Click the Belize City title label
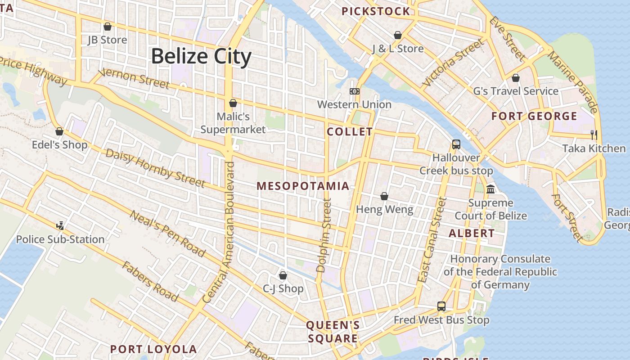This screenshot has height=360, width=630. (x=201, y=57)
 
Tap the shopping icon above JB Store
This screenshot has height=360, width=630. (x=107, y=27)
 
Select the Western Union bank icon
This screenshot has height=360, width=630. (x=354, y=91)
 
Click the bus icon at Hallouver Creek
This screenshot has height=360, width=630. (x=456, y=144)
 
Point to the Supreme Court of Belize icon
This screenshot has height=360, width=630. (x=490, y=189)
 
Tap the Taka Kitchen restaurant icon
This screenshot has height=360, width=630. (x=594, y=134)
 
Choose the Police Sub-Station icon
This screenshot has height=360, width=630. (x=60, y=225)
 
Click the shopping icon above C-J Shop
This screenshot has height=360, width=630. (x=283, y=275)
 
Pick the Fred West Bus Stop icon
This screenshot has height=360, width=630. (x=441, y=306)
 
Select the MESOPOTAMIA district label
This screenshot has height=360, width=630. (x=303, y=186)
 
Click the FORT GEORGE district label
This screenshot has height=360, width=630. (x=534, y=116)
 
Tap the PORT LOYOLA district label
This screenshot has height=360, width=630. (x=153, y=349)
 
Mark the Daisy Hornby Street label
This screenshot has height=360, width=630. (x=155, y=167)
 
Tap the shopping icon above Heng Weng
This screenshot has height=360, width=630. (x=384, y=196)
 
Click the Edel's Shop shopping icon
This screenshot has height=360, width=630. (x=59, y=131)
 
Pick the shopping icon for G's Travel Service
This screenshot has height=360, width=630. (x=515, y=78)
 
